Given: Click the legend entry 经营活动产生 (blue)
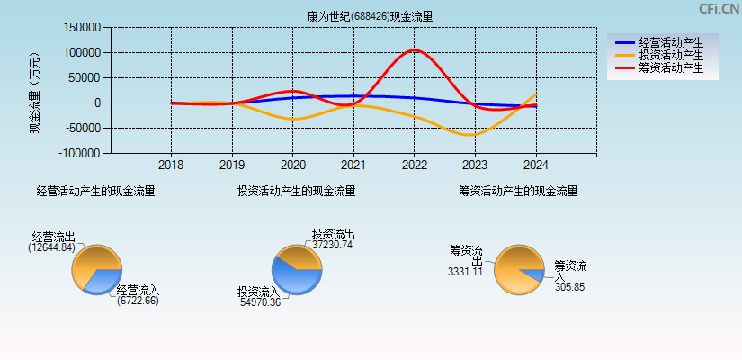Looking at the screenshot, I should click(x=670, y=42).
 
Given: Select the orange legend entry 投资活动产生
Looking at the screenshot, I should click(x=670, y=55).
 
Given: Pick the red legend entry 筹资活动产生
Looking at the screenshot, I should click(x=670, y=67).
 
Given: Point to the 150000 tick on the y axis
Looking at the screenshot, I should click(x=83, y=28).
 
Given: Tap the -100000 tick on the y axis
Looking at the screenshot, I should click(x=81, y=154).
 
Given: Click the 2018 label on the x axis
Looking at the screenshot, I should click(x=171, y=166).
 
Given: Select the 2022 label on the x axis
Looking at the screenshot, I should click(x=414, y=166).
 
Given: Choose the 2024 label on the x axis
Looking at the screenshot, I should click(x=535, y=166).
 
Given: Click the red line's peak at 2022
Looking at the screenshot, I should click(x=414, y=50).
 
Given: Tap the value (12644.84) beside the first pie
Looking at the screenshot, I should click(x=51, y=247).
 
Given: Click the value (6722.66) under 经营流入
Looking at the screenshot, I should click(x=138, y=301).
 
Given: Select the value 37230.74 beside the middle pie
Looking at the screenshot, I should click(x=333, y=245).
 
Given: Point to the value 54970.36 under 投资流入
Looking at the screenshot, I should click(x=259, y=302).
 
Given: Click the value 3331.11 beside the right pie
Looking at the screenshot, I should click(x=466, y=272).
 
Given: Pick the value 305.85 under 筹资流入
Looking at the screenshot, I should click(x=569, y=287).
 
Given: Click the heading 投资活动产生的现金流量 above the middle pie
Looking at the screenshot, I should click(x=296, y=191).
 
